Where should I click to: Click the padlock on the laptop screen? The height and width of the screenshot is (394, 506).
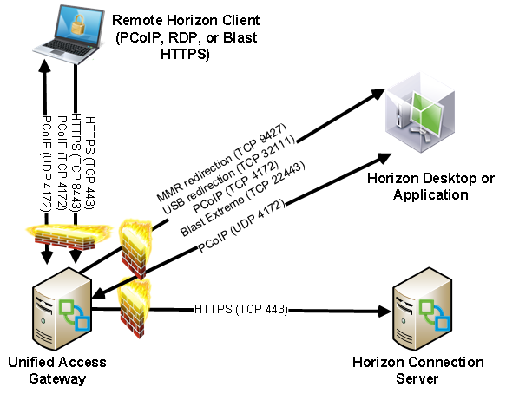(x=78, y=25)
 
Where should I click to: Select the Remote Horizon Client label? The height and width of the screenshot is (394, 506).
(x=186, y=37)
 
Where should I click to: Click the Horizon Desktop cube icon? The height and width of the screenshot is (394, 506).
(x=420, y=112)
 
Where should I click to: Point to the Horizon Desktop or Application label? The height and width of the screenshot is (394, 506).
(x=430, y=187)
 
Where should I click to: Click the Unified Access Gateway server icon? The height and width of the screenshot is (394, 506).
(x=62, y=309)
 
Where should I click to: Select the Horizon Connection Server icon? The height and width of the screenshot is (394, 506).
(x=422, y=309)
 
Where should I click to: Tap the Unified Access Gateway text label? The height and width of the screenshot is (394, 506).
(x=57, y=370)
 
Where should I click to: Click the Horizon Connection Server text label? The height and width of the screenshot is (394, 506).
(x=417, y=370)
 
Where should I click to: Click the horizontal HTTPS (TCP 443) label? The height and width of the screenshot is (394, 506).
(x=240, y=309)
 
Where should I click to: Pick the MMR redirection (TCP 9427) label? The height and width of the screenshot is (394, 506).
(x=221, y=163)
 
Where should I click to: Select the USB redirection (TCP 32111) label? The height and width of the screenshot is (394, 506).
(x=229, y=174)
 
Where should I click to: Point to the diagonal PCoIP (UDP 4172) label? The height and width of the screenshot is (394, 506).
(x=241, y=226)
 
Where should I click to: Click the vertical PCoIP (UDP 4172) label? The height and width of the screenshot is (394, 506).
(x=46, y=164)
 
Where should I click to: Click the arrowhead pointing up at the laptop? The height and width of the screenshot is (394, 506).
(x=45, y=67)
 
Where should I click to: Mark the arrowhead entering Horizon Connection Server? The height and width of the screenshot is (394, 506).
(x=384, y=311)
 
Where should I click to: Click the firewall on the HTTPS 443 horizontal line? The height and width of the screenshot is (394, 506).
(x=134, y=308)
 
